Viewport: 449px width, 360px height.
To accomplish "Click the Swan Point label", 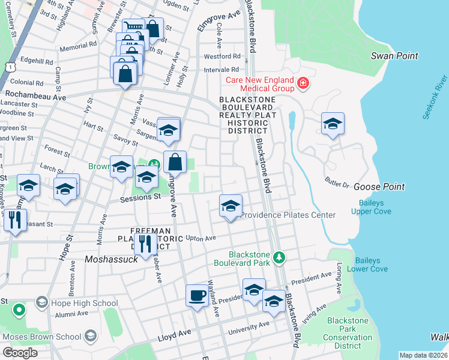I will [x=394, y=56].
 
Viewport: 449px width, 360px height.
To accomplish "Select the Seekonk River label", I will [x=435, y=97].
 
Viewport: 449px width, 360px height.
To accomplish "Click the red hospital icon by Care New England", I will [x=303, y=83].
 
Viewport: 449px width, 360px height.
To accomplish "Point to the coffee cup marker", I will [x=197, y=296].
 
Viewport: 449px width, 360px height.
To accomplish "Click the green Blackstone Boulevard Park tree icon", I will [x=279, y=257].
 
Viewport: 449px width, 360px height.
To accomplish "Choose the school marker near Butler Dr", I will [x=333, y=124].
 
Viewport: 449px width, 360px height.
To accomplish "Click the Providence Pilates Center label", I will [x=288, y=215].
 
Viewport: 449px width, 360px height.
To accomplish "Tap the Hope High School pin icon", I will [x=41, y=302].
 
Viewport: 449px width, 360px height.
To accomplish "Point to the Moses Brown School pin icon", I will [x=90, y=335].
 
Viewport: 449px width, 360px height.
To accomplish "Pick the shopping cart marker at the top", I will [x=134, y=29].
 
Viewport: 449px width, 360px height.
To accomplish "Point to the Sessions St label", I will [x=140, y=197].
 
